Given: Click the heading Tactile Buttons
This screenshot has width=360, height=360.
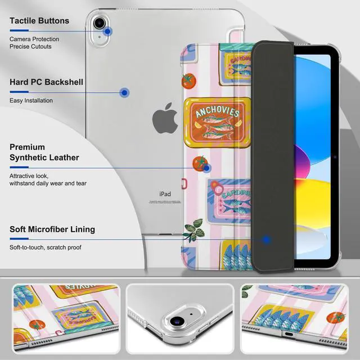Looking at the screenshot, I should click(x=39, y=21).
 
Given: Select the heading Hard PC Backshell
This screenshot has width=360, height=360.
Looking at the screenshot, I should click(x=46, y=82).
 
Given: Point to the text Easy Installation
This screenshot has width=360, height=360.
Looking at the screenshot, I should click(x=31, y=101).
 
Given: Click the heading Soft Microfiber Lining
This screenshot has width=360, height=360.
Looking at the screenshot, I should click(x=52, y=229).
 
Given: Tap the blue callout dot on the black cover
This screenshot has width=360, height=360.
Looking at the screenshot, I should click(x=267, y=240).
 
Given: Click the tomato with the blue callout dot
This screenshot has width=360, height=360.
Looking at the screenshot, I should click(x=200, y=164).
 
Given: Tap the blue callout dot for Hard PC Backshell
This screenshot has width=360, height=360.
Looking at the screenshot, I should click(x=125, y=92).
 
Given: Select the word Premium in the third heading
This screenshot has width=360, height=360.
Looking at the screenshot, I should click(x=28, y=147).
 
